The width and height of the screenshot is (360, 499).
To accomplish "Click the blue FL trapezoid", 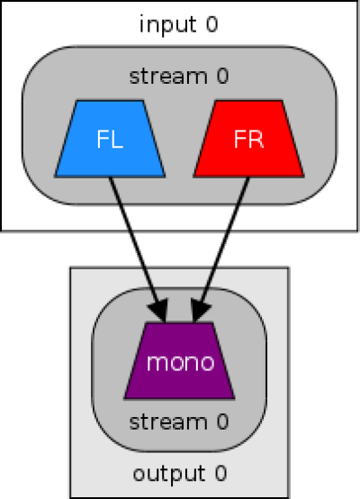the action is [x=110, y=139].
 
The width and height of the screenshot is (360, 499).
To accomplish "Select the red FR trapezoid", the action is [x=248, y=139].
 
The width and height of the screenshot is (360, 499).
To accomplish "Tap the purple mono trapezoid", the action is [x=179, y=360].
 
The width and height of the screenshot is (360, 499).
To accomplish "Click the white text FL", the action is [x=110, y=139].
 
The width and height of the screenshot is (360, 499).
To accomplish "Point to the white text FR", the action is [x=248, y=139].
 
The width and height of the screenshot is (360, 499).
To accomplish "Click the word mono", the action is [x=180, y=362].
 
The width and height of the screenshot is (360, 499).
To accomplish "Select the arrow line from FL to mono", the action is [x=138, y=249].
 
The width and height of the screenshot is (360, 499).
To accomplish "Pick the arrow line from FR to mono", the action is [x=220, y=249].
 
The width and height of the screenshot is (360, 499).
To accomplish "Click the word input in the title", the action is [x=168, y=25].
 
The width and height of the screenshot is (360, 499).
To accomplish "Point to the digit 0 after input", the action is [x=211, y=24].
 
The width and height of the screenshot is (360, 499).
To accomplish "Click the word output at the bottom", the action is [x=169, y=474].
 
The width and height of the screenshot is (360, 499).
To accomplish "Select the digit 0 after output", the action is [x=220, y=473].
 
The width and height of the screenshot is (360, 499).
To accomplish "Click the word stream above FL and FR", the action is [x=168, y=77].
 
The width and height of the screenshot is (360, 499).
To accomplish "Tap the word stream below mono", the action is [x=168, y=422].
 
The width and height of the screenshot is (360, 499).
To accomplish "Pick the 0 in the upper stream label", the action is [x=222, y=76].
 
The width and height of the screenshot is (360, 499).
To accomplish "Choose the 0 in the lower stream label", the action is [x=222, y=422].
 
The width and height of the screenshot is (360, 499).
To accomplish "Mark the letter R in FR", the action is [x=256, y=139].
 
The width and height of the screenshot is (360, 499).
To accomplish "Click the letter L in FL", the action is [x=117, y=139].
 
